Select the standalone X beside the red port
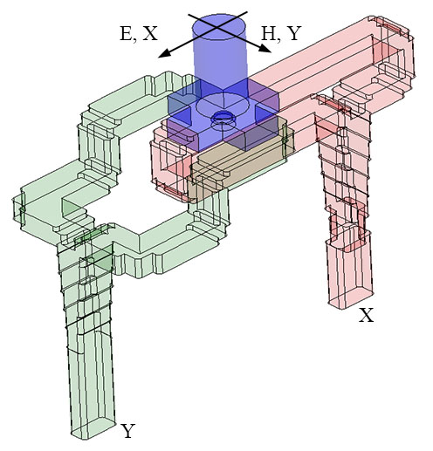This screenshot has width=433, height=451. coord(367,316)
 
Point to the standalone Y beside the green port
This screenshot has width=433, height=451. coord(128,430)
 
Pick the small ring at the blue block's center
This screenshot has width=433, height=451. coord(223,115)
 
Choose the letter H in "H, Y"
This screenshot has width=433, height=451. coord(267,34)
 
